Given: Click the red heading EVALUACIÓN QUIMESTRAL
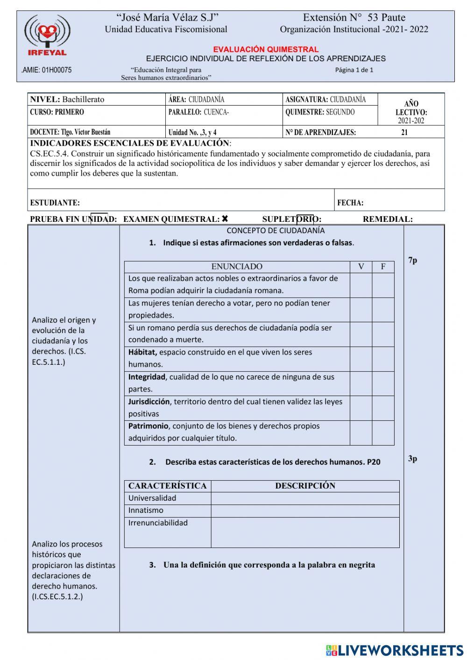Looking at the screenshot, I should [266, 49].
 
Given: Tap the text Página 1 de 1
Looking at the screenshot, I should [354, 70].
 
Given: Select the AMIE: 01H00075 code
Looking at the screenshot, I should [47, 70].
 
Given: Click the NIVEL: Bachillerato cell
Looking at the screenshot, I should [67, 99].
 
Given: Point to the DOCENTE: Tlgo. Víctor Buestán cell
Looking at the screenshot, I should [70, 132].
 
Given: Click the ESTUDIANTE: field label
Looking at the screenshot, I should [55, 203].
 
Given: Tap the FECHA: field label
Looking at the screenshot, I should [350, 203].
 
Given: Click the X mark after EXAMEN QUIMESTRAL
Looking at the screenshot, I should [225, 219].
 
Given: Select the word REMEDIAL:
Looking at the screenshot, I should [388, 219].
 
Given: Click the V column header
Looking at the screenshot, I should [361, 267].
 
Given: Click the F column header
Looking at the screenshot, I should [383, 267].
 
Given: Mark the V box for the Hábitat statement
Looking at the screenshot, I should [361, 359].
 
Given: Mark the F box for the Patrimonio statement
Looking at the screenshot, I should [383, 433].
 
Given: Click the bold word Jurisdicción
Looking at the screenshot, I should [149, 402].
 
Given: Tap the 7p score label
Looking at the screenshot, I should [412, 260].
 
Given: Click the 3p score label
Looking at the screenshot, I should [412, 458].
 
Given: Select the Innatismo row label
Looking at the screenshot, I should [146, 511].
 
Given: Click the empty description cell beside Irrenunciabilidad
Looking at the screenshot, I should [305, 532].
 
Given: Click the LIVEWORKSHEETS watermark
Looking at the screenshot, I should [395, 650].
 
